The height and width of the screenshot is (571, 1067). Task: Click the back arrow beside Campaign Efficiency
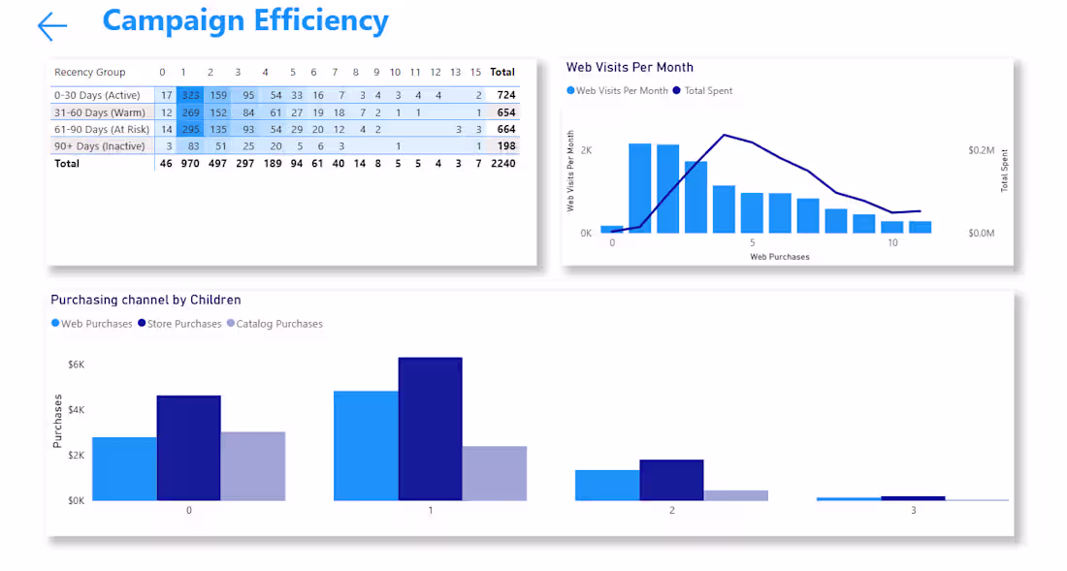[x=52, y=26]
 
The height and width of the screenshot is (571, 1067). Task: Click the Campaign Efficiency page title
[x=244, y=20]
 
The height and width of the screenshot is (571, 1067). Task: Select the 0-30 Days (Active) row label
[x=97, y=95]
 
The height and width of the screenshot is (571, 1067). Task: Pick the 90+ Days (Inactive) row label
[x=100, y=146]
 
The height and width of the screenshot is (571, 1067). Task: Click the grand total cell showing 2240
[x=502, y=164]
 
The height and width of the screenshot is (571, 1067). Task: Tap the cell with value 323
[x=190, y=95]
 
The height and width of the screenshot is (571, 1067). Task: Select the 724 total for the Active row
[x=505, y=95]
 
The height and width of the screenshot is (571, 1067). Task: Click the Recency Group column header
[x=89, y=72]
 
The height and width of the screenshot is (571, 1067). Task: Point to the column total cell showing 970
[x=189, y=164]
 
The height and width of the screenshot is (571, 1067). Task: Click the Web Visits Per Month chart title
[x=630, y=67]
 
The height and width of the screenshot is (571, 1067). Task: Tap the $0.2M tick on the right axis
[x=981, y=151]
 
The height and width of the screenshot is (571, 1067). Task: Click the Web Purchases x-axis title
[x=780, y=257]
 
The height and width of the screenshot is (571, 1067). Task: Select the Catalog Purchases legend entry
[x=279, y=324]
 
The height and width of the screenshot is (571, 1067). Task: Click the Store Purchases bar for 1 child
[x=430, y=428]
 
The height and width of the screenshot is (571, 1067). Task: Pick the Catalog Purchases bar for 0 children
[x=253, y=465]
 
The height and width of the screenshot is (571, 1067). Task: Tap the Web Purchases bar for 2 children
[x=607, y=485]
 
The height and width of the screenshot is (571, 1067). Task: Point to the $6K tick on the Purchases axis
[x=76, y=365]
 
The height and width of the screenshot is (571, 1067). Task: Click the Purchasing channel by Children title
[x=145, y=301]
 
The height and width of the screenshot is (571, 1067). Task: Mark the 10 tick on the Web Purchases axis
[x=892, y=242]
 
